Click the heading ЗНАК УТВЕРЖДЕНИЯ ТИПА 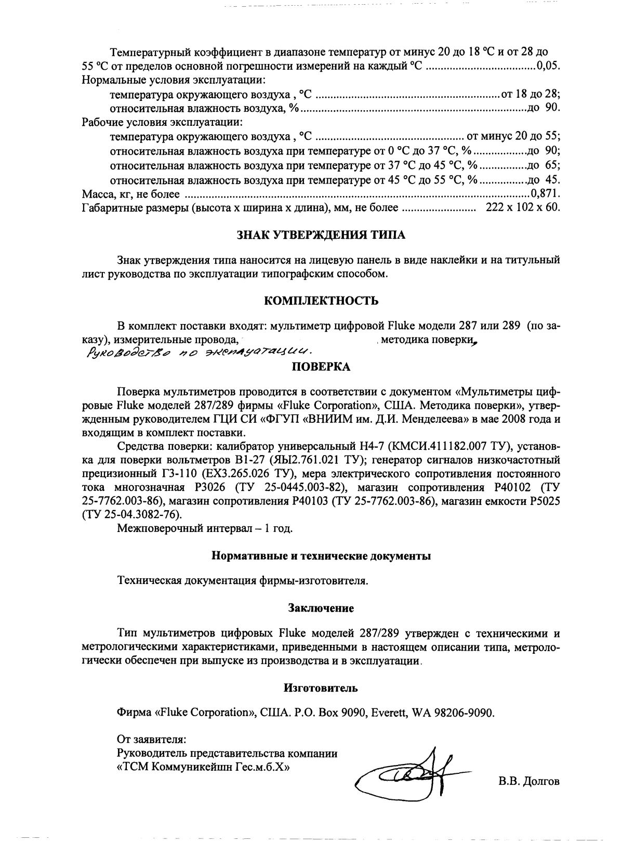[321, 235]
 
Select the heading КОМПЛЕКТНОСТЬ [321, 301]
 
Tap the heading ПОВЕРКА [321, 367]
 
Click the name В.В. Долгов [528, 781]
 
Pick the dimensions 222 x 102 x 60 [522, 208]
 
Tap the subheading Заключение [321, 607]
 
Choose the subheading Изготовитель [321, 688]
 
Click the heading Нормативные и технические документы [321, 556]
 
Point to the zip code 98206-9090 [466, 712]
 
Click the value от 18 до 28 [530, 94]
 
